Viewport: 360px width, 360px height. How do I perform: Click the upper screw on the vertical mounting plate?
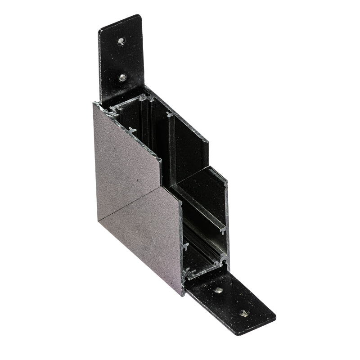tap(121, 41)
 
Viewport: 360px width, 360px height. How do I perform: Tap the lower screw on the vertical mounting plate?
tap(122, 77)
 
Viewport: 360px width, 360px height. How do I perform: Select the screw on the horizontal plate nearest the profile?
tap(219, 290)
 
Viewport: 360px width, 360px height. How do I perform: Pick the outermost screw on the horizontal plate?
tap(243, 313)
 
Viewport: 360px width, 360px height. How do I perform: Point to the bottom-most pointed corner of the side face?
tap(182, 295)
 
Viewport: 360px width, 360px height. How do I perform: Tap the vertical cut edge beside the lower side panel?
tap(182, 243)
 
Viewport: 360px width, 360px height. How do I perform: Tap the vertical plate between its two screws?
tap(121, 59)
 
